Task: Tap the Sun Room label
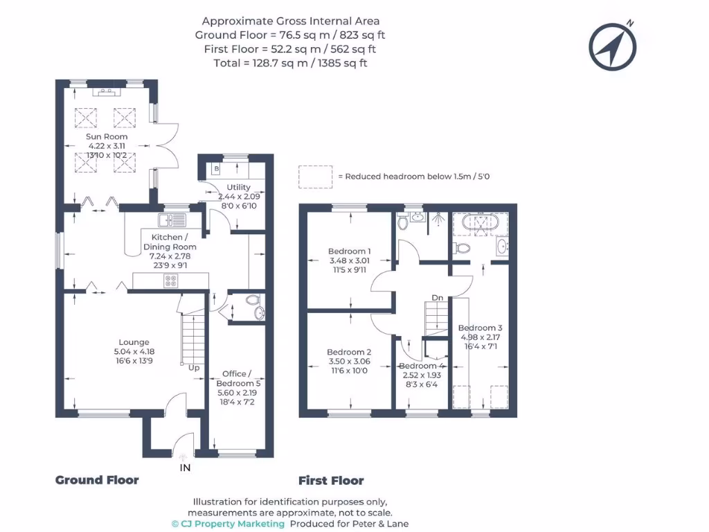(x=107, y=136)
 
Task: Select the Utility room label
(x=239, y=188)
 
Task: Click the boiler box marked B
(x=217, y=168)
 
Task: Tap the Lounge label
(x=134, y=342)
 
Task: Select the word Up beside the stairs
(x=194, y=368)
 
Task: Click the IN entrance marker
(x=185, y=468)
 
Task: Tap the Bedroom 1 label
(x=350, y=251)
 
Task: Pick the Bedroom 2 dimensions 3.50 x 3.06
(x=349, y=362)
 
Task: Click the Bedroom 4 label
(x=422, y=366)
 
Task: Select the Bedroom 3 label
(x=480, y=328)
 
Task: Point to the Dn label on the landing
(x=437, y=298)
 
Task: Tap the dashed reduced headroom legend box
(x=315, y=177)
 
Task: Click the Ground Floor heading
(x=97, y=480)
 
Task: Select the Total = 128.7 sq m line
(x=290, y=63)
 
